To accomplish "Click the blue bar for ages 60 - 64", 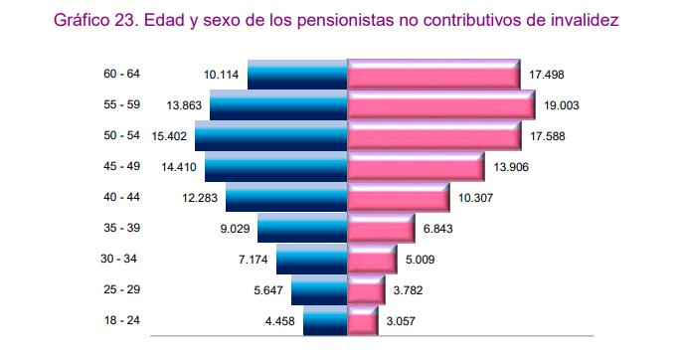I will tap(296, 75).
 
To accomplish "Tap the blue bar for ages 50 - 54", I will tap(270, 135).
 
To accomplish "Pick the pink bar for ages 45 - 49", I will tap(416, 166).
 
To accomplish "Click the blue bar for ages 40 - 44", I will tap(286, 197).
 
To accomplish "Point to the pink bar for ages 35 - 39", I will tap(381, 228).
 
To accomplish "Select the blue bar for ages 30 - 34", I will tap(311, 259).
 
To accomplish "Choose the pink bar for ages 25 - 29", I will tap(365, 289).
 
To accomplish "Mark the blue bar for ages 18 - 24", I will tap(325, 320).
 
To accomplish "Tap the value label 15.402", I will tap(169, 136).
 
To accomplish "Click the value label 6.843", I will tap(436, 229).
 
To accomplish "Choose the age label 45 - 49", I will tap(121, 166).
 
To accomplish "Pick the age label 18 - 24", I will tap(121, 320).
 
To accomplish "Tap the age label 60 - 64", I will tap(121, 75).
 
